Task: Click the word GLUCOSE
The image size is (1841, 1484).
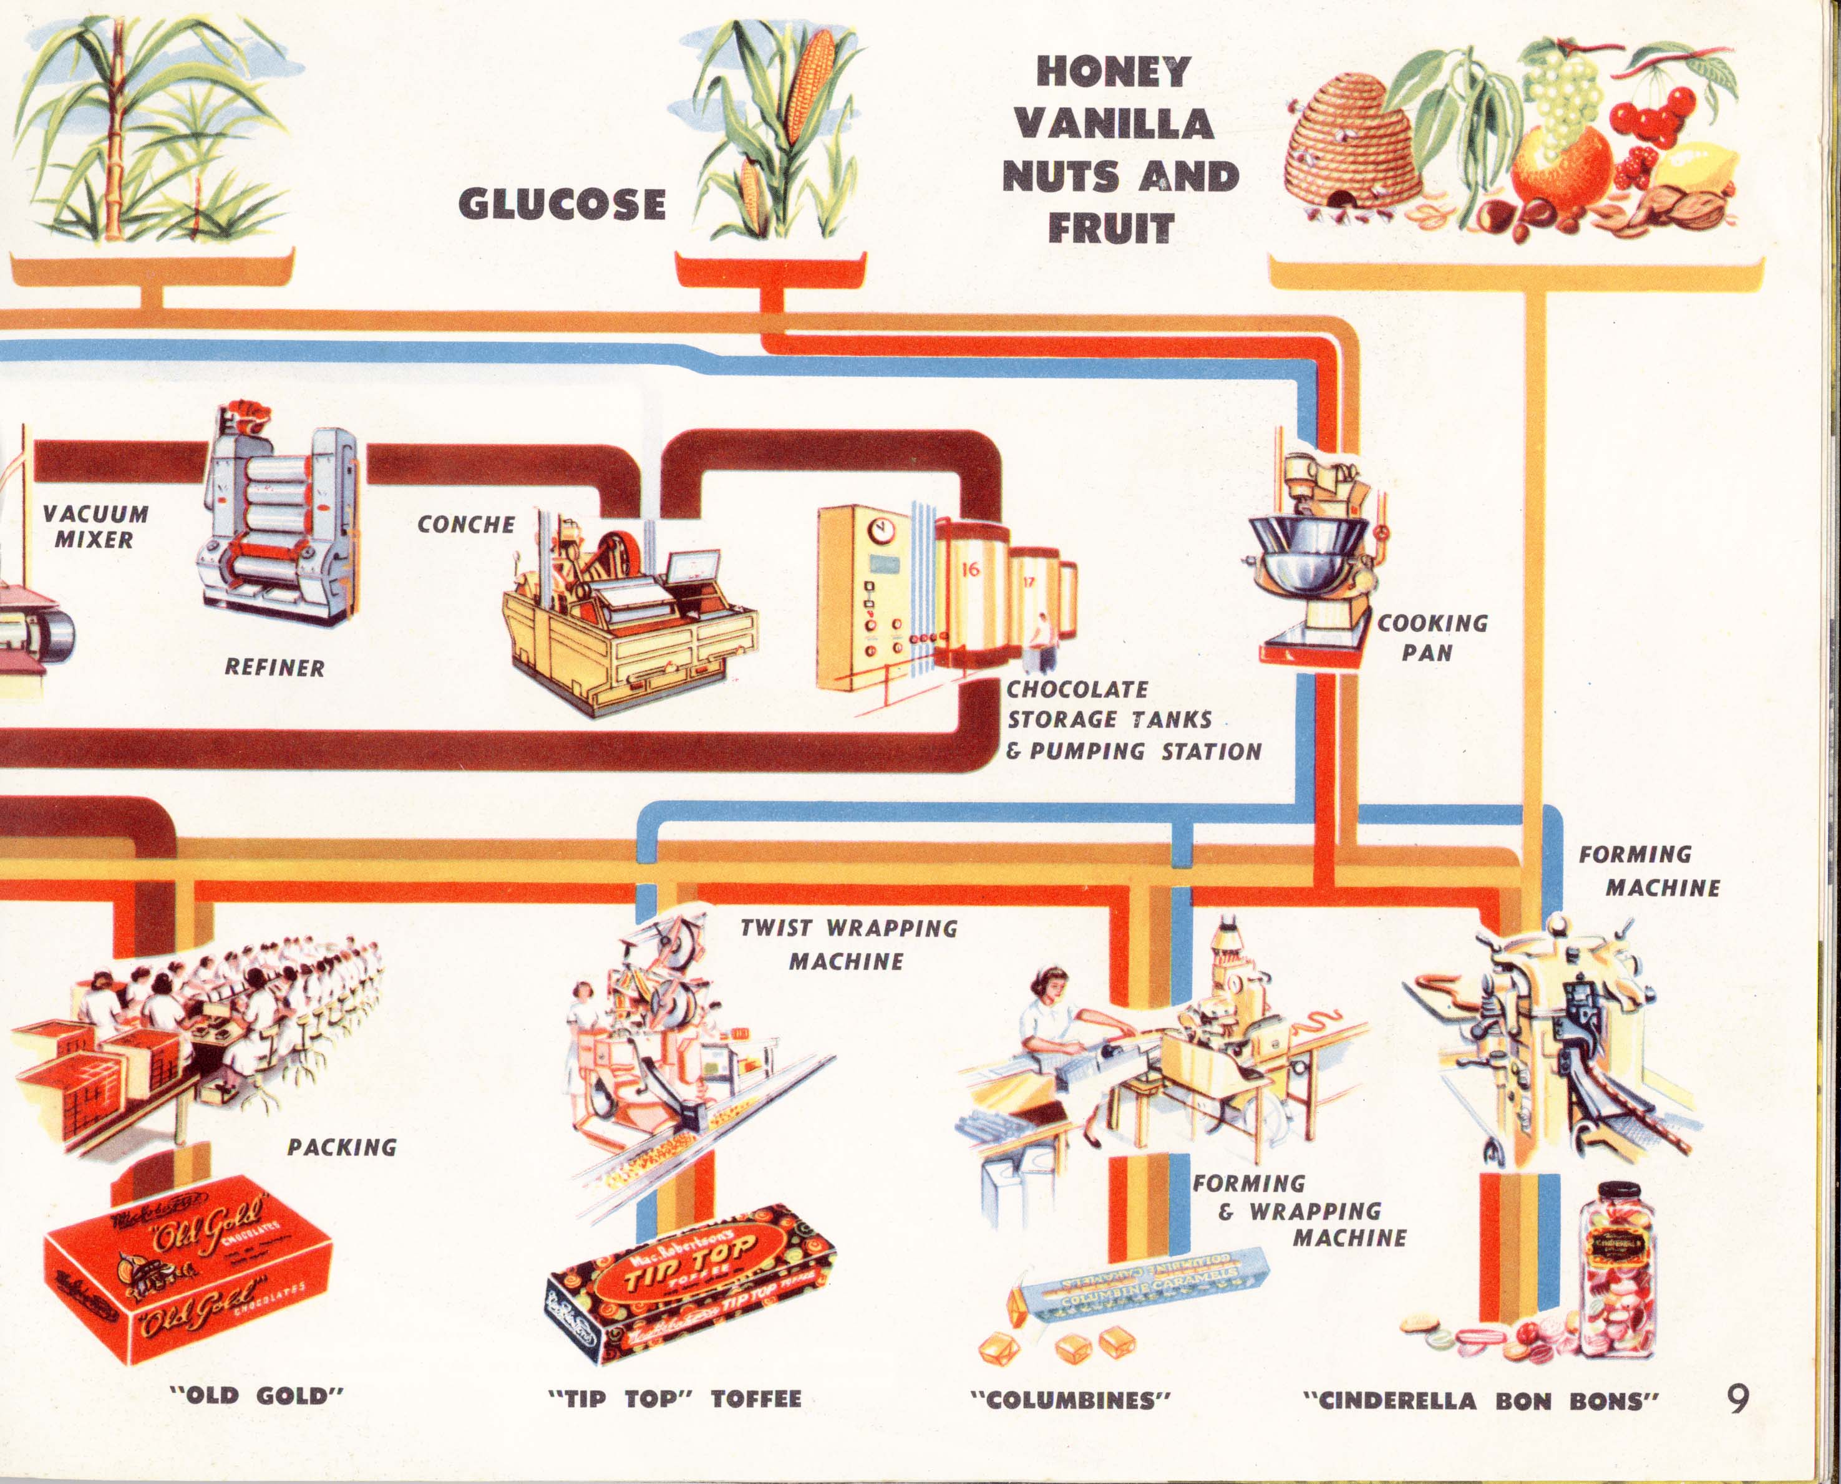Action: (x=561, y=205)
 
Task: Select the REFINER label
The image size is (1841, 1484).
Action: (x=274, y=667)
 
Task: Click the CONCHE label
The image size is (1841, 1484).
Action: (x=466, y=524)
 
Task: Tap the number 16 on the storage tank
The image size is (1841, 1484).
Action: (x=970, y=570)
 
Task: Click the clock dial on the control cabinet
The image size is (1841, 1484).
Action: (x=878, y=531)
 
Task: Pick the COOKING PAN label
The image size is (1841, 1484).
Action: (x=1432, y=638)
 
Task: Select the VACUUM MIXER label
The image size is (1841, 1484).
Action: (x=95, y=526)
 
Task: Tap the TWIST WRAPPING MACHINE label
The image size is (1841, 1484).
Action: (x=848, y=944)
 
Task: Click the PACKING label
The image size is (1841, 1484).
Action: (x=342, y=1147)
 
